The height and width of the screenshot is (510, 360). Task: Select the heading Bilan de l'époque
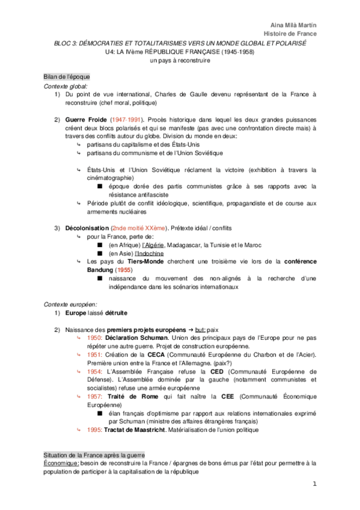point(66,77)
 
